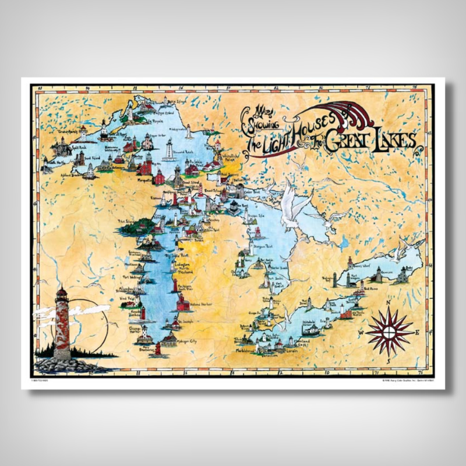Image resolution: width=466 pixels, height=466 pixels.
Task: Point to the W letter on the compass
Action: [x=361, y=333]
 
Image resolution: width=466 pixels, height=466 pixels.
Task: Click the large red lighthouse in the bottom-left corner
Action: [x=62, y=323]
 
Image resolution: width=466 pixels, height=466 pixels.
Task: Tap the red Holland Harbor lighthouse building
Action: [x=182, y=302]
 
